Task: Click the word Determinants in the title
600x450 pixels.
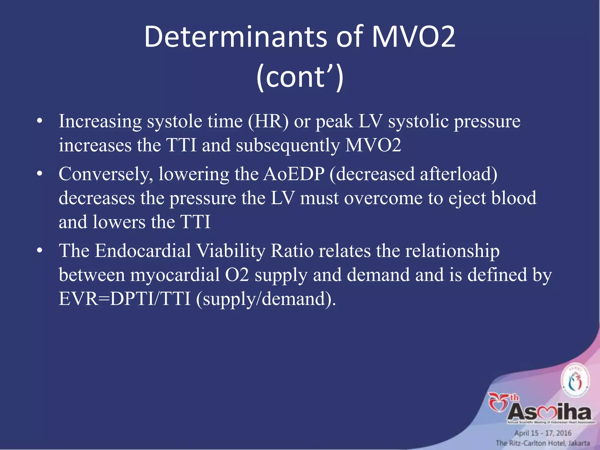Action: (x=235, y=37)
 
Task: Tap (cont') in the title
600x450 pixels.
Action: (x=300, y=77)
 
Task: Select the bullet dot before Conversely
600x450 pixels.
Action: (x=40, y=174)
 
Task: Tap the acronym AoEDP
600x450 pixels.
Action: (x=294, y=174)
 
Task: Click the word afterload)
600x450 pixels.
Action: (x=458, y=174)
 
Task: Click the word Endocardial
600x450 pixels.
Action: (x=143, y=251)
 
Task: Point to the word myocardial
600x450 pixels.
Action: (x=175, y=275)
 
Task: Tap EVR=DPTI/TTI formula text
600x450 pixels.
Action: (x=125, y=299)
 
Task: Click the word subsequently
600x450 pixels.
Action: (x=288, y=146)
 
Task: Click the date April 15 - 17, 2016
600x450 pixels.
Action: (x=543, y=433)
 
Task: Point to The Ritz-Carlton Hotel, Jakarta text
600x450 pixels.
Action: (x=543, y=443)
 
